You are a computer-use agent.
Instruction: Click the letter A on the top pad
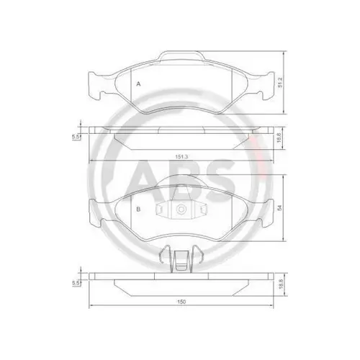[x=138, y=84]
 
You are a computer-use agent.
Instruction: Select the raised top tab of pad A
[x=183, y=55]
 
